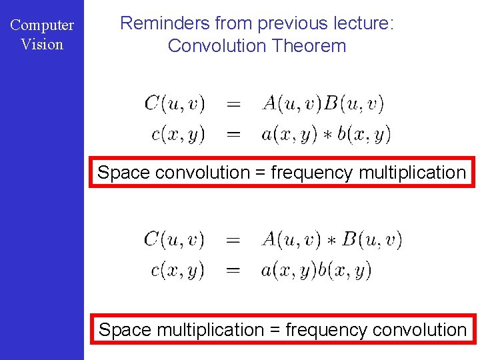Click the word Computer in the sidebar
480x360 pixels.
(x=42, y=25)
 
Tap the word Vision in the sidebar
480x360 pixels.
(x=42, y=45)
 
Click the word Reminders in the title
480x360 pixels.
(x=165, y=24)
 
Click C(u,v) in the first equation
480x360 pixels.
(x=175, y=104)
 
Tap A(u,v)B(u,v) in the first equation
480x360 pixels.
(x=323, y=104)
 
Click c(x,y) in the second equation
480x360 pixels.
(x=178, y=134)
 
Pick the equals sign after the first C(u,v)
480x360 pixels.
(x=234, y=104)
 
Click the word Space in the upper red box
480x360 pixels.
(x=124, y=173)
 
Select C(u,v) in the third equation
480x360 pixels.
(x=175, y=239)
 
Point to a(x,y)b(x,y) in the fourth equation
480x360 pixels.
(x=317, y=270)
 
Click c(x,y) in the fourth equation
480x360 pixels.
(x=178, y=270)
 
